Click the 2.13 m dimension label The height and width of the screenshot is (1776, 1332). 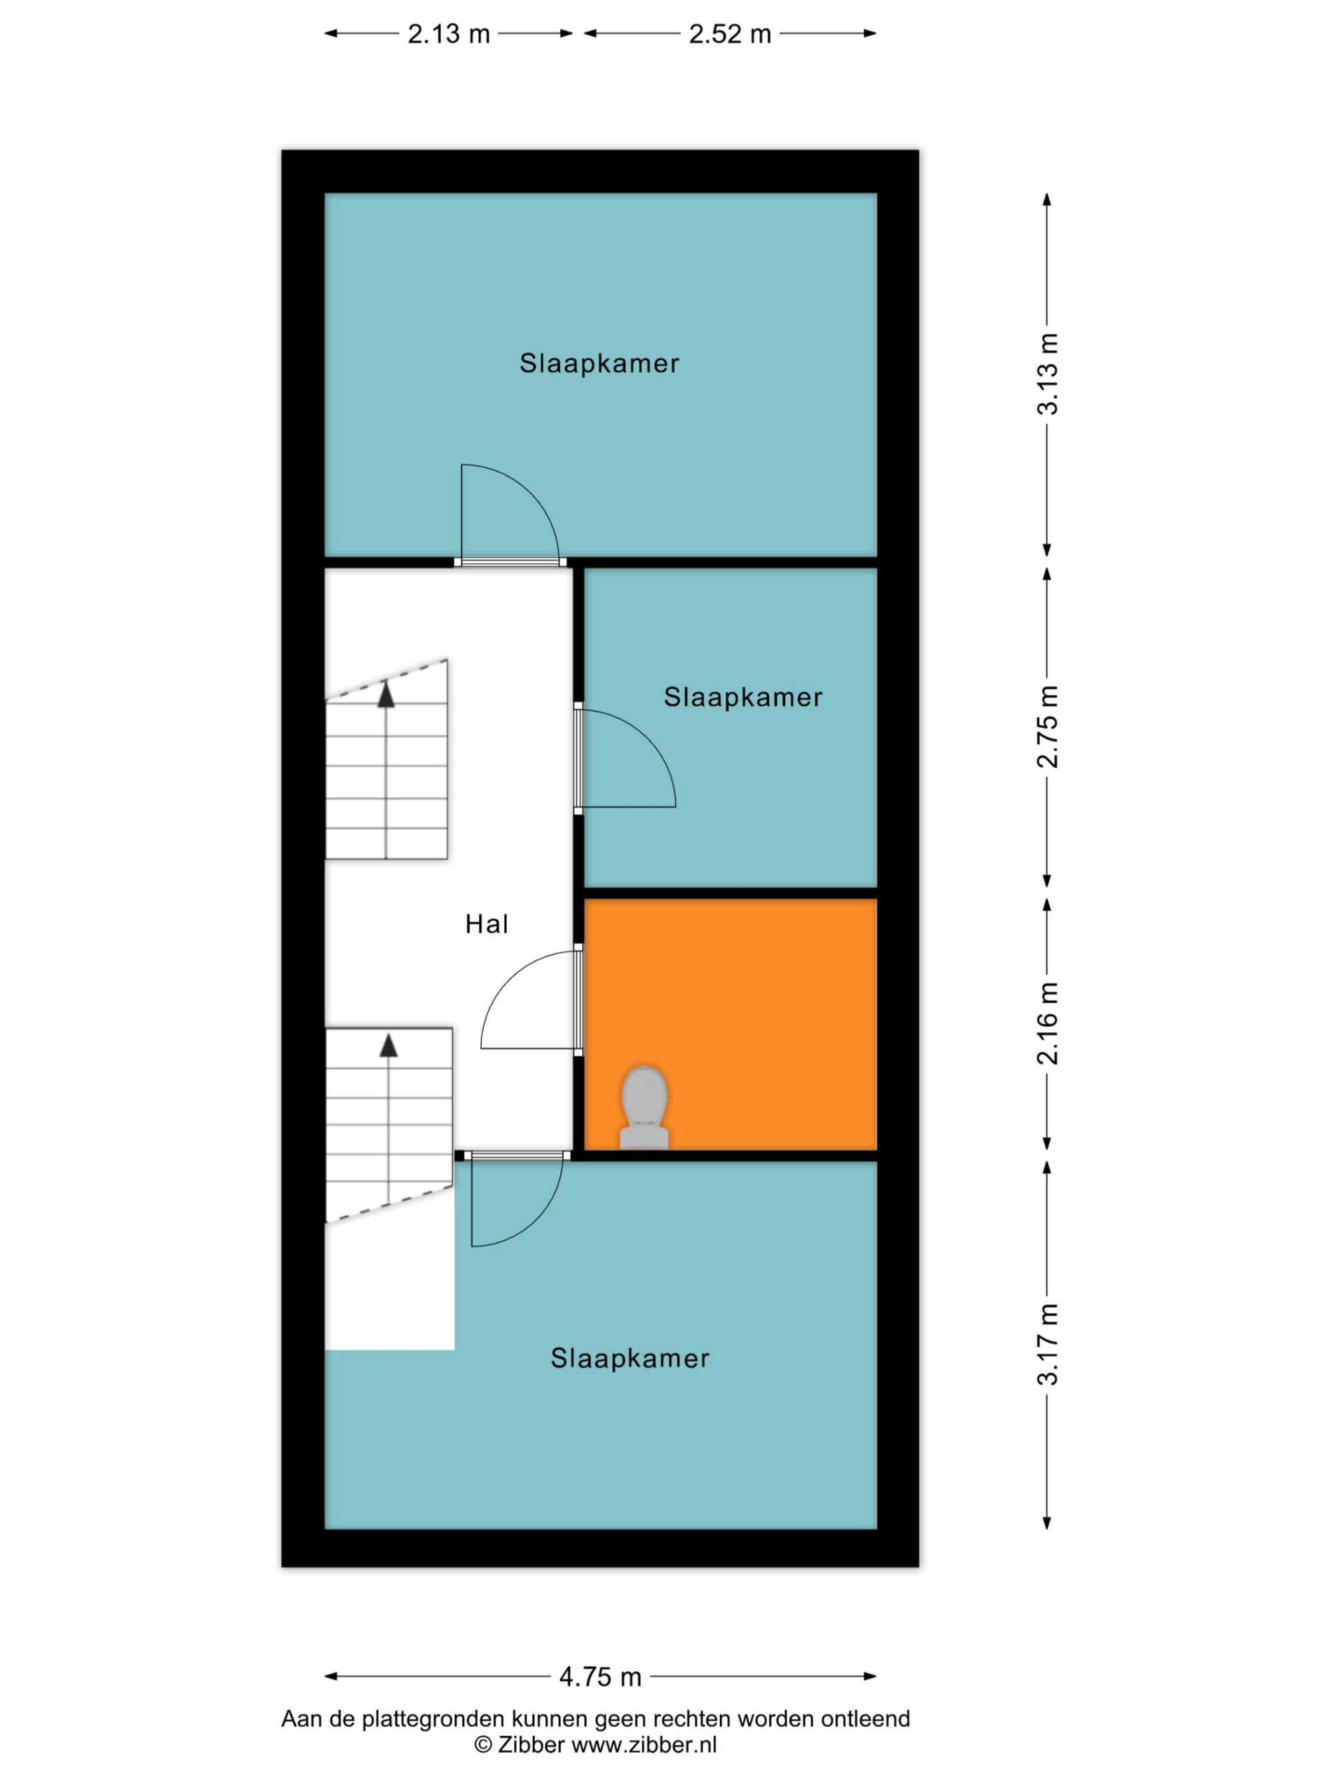448,34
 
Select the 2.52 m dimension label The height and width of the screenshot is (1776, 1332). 730,34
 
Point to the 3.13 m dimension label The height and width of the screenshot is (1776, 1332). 1048,374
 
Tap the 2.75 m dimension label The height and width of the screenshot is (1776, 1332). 1048,727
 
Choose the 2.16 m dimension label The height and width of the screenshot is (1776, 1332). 1048,1024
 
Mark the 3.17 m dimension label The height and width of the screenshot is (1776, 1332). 1048,1345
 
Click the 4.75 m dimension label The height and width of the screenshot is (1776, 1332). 601,1676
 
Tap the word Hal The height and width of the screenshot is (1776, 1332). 487,924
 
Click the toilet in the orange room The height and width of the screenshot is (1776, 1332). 644,1107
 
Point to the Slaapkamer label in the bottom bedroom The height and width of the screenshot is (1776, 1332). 629,1358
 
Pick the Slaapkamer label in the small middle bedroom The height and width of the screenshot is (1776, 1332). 743,697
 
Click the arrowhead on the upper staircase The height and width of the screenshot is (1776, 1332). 386,695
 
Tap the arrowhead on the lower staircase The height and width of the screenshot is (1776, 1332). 388,1045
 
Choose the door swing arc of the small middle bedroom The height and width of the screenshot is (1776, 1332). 647,738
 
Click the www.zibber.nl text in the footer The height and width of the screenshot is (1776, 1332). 644,1745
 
